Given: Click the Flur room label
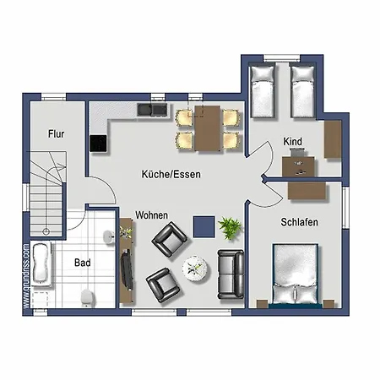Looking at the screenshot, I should (57, 133).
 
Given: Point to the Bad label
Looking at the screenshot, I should (82, 263).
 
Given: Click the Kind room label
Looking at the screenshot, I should (293, 142).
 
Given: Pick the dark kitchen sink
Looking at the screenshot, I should (153, 110).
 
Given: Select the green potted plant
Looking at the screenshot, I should (229, 226).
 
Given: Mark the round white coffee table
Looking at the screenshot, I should (196, 267).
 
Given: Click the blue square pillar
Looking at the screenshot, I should (203, 225).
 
